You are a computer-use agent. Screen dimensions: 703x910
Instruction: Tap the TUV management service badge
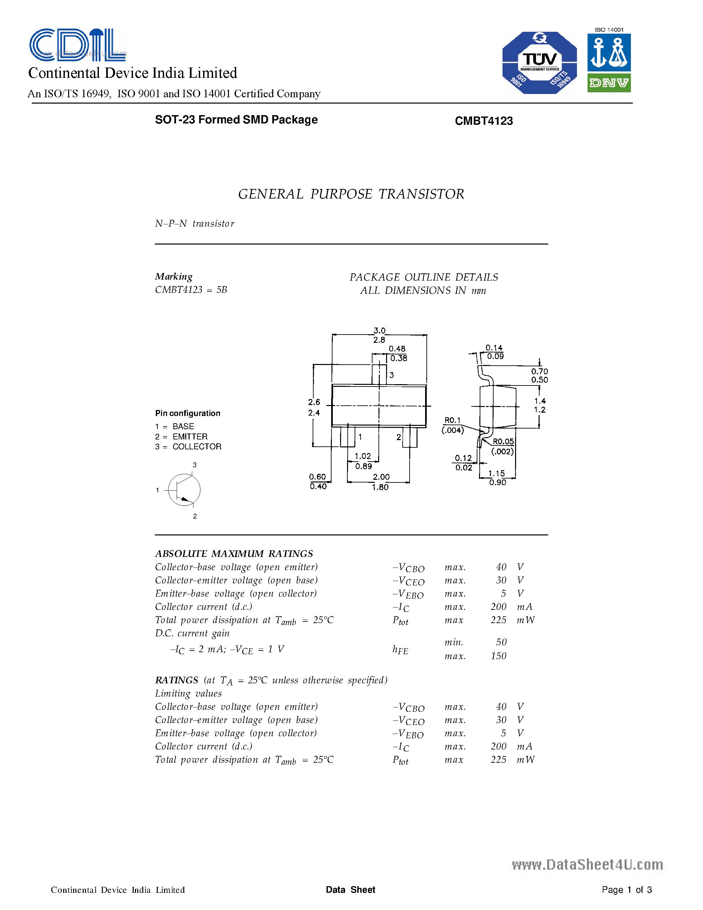coord(539,63)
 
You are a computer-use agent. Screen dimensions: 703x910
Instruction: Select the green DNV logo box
coord(609,83)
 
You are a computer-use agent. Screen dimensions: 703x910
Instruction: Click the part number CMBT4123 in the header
coord(484,121)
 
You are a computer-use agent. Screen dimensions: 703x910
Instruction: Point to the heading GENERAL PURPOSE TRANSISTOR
coord(351,194)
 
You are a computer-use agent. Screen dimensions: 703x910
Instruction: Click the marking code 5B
coord(222,290)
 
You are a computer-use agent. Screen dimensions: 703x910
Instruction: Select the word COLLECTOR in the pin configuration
coord(197,447)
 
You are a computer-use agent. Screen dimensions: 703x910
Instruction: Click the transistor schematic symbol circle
coord(184,490)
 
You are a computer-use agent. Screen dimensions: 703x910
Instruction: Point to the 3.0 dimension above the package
coord(379,331)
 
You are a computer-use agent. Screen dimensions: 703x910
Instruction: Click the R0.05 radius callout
coord(503,441)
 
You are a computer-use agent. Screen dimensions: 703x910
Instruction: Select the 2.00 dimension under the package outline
coord(381,477)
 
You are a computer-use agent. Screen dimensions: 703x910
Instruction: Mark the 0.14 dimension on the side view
coord(494,347)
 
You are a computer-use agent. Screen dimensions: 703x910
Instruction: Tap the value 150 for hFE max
coord(499,656)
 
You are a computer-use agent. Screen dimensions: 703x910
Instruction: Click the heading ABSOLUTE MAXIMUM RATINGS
coord(234,554)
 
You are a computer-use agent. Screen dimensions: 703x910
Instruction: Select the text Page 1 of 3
coord(626,889)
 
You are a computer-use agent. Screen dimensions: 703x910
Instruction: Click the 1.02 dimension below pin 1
coord(362,456)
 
